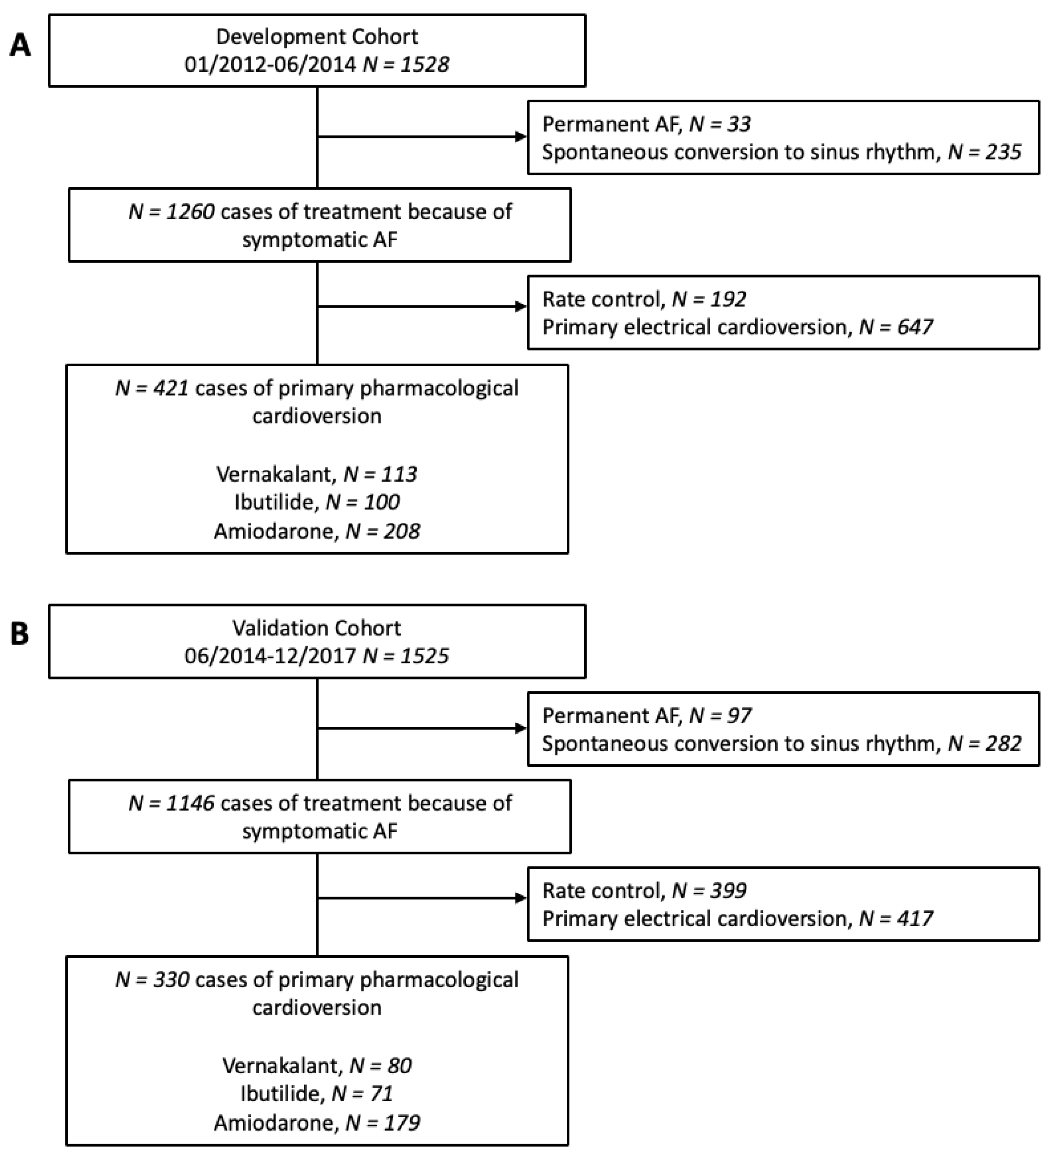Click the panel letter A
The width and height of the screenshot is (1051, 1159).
click(20, 45)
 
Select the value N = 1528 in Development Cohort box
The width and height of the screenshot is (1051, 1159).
click(406, 64)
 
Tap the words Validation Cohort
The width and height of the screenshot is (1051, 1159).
click(316, 628)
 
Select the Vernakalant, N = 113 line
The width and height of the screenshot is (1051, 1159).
click(316, 474)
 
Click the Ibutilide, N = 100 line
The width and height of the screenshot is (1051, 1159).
click(316, 502)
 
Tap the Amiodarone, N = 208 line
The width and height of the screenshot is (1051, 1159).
click(316, 531)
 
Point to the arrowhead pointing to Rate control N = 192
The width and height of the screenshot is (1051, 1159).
click(521, 306)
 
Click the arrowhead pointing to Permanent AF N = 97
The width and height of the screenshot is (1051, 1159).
click(521, 728)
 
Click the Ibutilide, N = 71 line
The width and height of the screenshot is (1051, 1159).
click(316, 1094)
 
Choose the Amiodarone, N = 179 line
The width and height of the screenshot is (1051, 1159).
click(316, 1123)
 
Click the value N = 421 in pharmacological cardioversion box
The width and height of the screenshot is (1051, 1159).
click(152, 388)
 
